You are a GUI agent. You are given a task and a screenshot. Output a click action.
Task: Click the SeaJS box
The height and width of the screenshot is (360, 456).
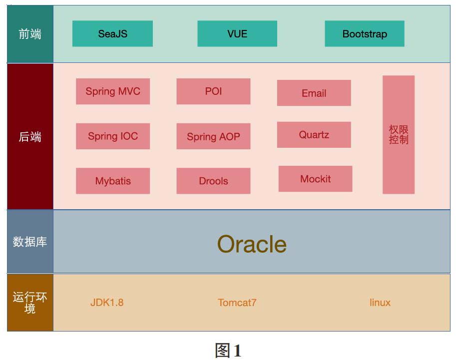pos(112,33)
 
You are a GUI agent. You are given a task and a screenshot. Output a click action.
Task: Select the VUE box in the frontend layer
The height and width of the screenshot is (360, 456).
pos(237,33)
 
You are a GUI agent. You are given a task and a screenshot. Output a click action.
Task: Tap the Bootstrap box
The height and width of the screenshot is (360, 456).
pos(365,33)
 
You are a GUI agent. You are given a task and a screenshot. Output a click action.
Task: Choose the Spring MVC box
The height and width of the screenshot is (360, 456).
pos(113,91)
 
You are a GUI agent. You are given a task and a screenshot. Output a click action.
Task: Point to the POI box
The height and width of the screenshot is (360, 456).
pos(213,91)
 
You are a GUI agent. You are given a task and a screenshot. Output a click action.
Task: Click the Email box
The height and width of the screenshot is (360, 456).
pos(314,93)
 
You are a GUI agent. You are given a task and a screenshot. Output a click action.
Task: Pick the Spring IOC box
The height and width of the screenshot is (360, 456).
pos(113,136)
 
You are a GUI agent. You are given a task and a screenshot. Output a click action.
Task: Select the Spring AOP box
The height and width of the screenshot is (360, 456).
pos(213,136)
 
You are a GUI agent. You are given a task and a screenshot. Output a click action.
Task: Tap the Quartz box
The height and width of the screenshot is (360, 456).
pos(314,135)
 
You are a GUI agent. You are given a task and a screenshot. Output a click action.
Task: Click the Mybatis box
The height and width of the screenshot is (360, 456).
pos(113,181)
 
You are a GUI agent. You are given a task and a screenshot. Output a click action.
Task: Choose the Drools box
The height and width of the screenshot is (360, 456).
pos(213,181)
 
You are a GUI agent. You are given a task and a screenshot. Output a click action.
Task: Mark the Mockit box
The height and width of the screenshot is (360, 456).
pos(316,179)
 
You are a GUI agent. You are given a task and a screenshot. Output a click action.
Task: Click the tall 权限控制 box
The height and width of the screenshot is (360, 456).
pos(399,135)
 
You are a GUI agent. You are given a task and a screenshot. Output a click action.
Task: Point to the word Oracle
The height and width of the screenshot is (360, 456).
pos(252,244)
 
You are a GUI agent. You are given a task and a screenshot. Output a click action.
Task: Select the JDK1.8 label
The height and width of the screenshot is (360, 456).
pos(107,303)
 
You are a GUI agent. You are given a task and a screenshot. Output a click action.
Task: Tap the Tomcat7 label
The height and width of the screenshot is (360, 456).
pos(237,303)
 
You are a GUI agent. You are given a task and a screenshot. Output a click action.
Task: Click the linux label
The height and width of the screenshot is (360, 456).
pos(380,303)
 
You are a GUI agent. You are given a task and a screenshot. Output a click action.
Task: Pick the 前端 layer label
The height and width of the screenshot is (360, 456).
pos(30,34)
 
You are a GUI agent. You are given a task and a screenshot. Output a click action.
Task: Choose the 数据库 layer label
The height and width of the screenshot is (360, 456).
pos(30,242)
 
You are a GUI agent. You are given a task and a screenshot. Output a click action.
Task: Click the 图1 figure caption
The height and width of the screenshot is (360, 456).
pos(228,350)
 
